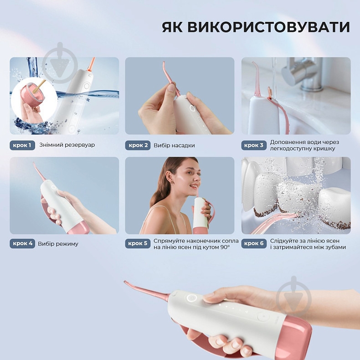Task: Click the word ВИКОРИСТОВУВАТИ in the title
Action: click(x=269, y=27)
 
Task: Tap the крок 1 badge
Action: click(x=22, y=145)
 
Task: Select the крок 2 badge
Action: click(x=138, y=145)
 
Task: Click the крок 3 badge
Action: click(x=254, y=145)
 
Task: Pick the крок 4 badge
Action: click(x=22, y=243)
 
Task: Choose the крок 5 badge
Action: click(x=138, y=243)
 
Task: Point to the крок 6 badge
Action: click(x=254, y=243)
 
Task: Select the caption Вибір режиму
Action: click(x=58, y=243)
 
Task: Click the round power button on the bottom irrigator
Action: click(x=192, y=298)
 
